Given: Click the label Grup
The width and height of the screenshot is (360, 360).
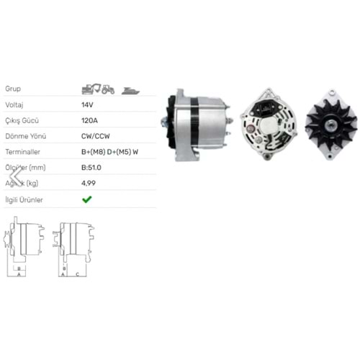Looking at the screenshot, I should coord(13,89).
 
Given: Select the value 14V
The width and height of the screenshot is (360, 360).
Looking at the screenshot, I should coord(87,104).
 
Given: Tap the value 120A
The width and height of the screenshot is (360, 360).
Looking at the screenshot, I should coord(89,120).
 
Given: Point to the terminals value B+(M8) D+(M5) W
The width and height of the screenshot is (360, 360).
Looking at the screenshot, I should coord(112,152).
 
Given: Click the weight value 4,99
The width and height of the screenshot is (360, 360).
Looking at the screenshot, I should coord(89,184).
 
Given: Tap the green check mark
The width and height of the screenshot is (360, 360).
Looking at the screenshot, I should coord(86,199).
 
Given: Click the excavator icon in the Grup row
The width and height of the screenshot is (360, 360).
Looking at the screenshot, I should coord(89,89).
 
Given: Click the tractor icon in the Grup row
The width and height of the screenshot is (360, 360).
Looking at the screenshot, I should coord(107,89).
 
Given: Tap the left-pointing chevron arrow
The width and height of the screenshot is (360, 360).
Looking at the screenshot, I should coord(11,176).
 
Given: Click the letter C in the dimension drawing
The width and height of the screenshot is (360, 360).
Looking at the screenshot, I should coord(76,274).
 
